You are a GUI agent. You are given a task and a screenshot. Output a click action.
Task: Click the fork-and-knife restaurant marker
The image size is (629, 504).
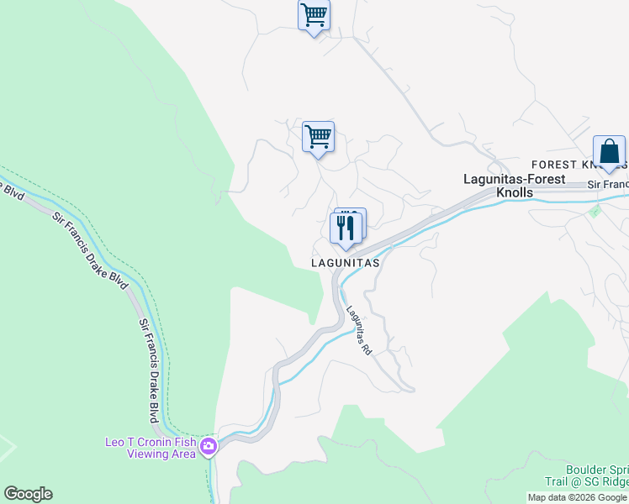[346, 228]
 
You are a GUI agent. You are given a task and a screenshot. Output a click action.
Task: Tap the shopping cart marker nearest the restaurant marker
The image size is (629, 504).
[318, 137]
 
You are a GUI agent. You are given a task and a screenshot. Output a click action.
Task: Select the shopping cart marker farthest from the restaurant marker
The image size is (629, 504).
[314, 15]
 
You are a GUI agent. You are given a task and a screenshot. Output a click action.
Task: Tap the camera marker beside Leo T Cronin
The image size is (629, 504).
[207, 446]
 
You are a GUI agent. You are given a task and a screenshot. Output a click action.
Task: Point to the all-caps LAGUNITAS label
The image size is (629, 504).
[346, 263]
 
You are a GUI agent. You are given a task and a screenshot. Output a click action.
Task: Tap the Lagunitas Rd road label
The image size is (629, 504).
[359, 328]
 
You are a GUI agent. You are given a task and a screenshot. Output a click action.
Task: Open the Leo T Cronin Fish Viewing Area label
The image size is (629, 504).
[150, 448]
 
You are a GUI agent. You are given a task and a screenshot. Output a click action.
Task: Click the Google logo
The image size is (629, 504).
[28, 494]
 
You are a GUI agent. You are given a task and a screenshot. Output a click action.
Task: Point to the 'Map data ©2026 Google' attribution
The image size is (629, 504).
[577, 497]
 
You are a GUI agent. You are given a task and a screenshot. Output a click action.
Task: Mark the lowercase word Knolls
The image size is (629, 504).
[515, 192]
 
